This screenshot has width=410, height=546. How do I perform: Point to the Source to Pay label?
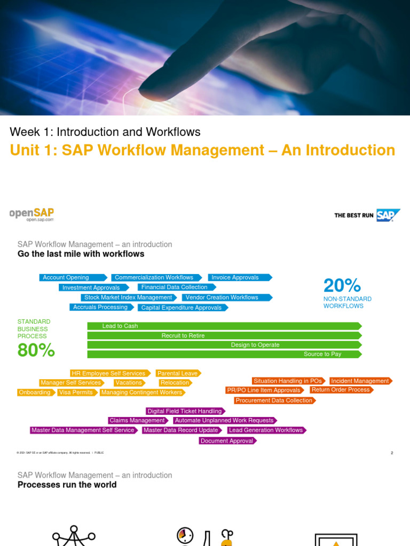click(322, 354)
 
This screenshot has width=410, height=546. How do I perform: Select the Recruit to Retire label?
click(183, 335)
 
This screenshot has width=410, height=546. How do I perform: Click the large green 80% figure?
click(36, 350)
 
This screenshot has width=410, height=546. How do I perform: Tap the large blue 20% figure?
click(342, 286)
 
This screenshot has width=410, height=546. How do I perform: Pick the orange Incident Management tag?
click(360, 381)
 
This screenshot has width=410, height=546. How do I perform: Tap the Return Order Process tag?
click(341, 390)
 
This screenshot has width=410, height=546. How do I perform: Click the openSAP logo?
click(32, 214)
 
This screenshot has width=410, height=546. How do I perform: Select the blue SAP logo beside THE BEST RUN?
click(388, 215)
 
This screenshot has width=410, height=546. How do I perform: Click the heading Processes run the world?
click(67, 485)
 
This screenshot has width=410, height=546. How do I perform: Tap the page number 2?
click(392, 453)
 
